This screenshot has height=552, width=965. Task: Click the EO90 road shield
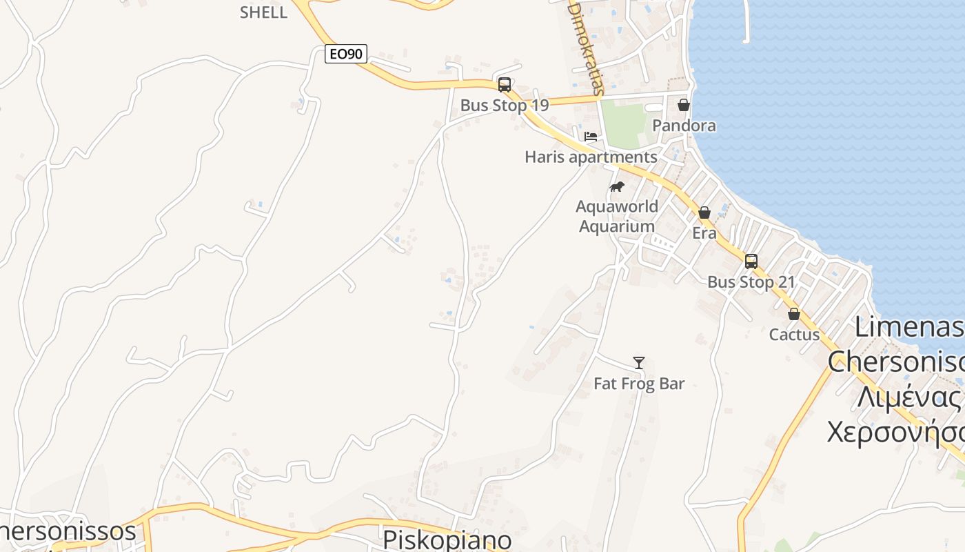pos(346,54)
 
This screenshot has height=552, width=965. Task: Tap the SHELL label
pos(263,12)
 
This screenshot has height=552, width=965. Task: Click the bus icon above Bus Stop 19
pos(505,85)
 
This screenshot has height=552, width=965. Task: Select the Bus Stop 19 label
pos(505,106)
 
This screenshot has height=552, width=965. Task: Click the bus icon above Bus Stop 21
pos(751,262)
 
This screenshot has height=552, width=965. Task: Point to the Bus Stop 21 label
pos(751,282)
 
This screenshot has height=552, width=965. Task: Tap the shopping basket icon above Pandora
pos(684,105)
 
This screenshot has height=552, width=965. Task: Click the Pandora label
pos(684,126)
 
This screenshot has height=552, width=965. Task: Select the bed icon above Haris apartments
pos(591,136)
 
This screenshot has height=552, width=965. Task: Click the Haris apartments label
pos(591,157)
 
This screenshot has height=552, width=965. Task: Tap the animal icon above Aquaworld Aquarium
pos(617,186)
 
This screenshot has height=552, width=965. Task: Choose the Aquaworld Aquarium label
pos(617,216)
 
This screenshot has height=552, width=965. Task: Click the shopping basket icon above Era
pos(704,213)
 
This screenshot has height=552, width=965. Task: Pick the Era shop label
pos(704,233)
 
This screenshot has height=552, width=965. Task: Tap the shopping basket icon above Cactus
pos(794,314)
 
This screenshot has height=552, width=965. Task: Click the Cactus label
pos(794,335)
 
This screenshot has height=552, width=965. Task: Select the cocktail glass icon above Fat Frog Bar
pos(639,363)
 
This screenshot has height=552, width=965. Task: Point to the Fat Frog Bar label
pos(639,384)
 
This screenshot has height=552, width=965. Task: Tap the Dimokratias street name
pos(586,47)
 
